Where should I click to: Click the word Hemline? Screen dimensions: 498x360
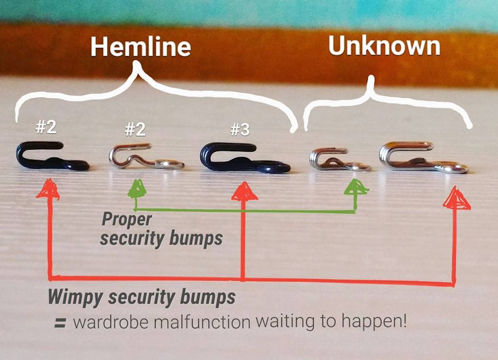click(x=140, y=48)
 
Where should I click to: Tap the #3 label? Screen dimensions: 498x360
click(x=240, y=129)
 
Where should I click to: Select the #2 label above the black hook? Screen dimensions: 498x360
click(x=46, y=127)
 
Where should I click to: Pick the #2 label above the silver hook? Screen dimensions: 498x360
click(x=135, y=129)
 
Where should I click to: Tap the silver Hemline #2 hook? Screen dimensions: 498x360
click(x=145, y=157)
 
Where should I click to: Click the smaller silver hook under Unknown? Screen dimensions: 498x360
click(x=338, y=160)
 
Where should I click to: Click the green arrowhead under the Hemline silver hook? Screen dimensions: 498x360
click(x=138, y=189)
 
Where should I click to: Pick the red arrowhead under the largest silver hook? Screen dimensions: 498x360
click(x=456, y=199)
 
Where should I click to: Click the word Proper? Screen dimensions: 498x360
click(x=126, y=219)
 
